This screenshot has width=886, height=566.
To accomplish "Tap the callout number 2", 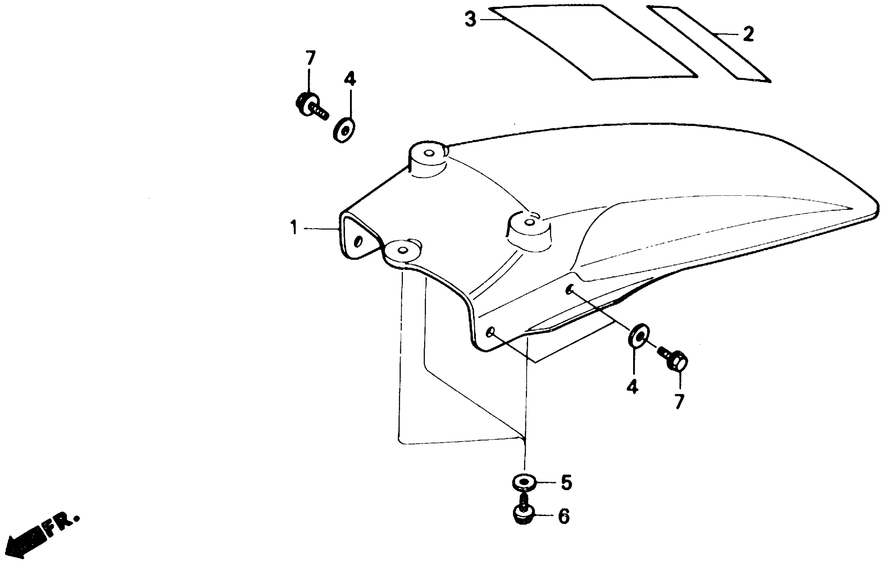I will [x=748, y=34].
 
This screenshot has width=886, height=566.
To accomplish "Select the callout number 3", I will [x=470, y=19].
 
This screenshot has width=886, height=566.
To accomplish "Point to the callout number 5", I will [x=566, y=482].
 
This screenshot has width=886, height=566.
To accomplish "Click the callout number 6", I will [x=564, y=516].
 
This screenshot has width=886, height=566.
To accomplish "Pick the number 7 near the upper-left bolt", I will [x=310, y=58].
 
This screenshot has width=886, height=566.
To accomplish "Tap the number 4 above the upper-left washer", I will [x=350, y=79].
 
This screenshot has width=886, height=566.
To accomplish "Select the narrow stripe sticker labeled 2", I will [x=708, y=44].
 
